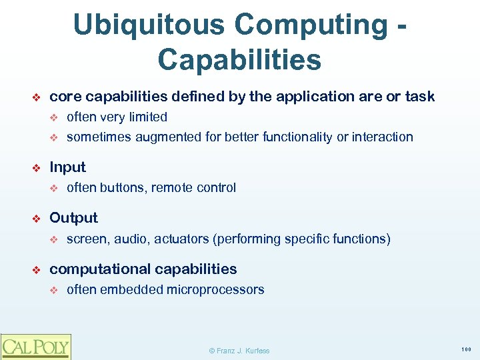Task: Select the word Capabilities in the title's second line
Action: tap(239, 59)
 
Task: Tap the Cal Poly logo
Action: tap(35, 347)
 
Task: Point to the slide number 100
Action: tap(466, 349)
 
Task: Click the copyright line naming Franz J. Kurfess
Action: tap(239, 350)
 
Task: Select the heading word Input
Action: tap(68, 167)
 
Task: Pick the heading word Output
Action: tap(73, 218)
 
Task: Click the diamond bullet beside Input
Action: tap(38, 168)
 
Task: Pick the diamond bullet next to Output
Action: tap(38, 219)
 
